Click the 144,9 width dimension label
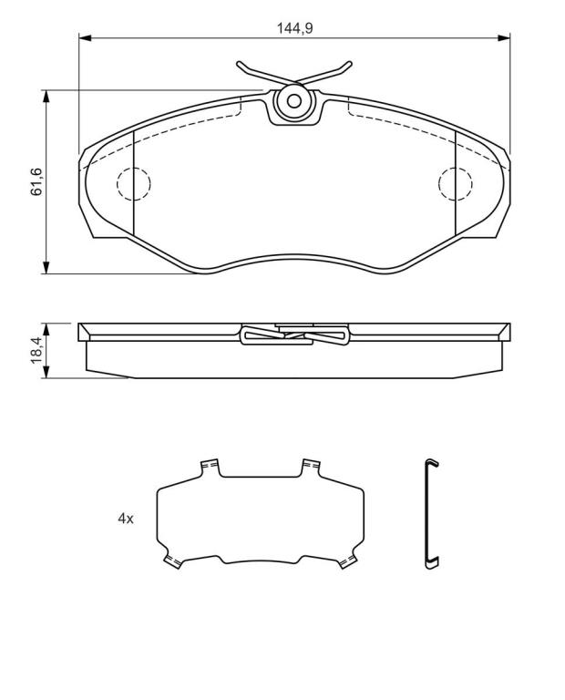coord(295,28)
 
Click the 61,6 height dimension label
coord(36,181)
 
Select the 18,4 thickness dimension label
coord(36,350)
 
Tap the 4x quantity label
coord(126,519)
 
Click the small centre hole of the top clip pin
coord(293,101)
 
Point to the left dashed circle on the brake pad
coord(133,184)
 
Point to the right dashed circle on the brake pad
coord(456,184)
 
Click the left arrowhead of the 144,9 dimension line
coord(86,38)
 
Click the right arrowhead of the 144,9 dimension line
coord(503,38)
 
